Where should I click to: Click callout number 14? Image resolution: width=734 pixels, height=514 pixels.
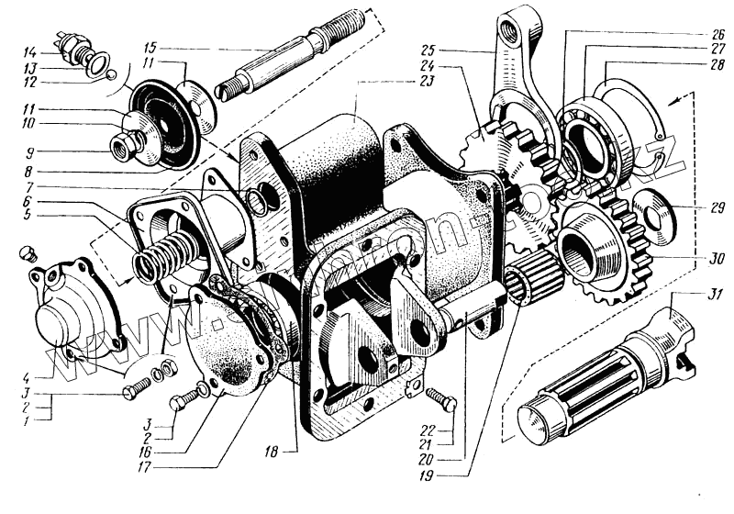[x=29, y=50]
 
